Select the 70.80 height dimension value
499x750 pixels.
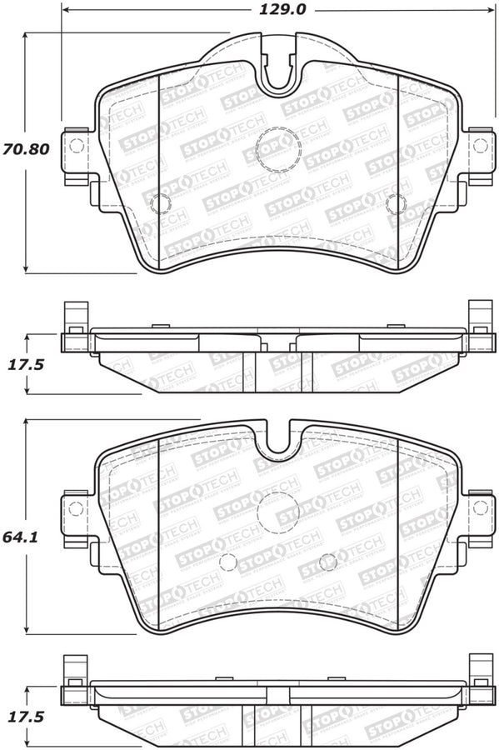pos(26,151)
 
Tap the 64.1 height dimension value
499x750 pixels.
pos(26,537)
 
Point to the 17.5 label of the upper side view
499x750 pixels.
pos(26,365)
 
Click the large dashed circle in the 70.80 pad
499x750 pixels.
pos(277,148)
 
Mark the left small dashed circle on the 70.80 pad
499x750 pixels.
pos(160,202)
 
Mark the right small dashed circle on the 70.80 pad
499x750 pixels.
pos(397,202)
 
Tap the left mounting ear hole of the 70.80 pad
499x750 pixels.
pos(77,146)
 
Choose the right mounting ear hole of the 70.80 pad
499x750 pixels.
pos(480,146)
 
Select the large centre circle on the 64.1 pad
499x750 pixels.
pos(277,512)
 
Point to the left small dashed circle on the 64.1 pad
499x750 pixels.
pos(228,562)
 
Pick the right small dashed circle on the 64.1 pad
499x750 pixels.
pos(328,560)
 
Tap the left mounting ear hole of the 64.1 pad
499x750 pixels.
pos(77,507)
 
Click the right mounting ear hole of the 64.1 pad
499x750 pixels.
pos(480,507)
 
